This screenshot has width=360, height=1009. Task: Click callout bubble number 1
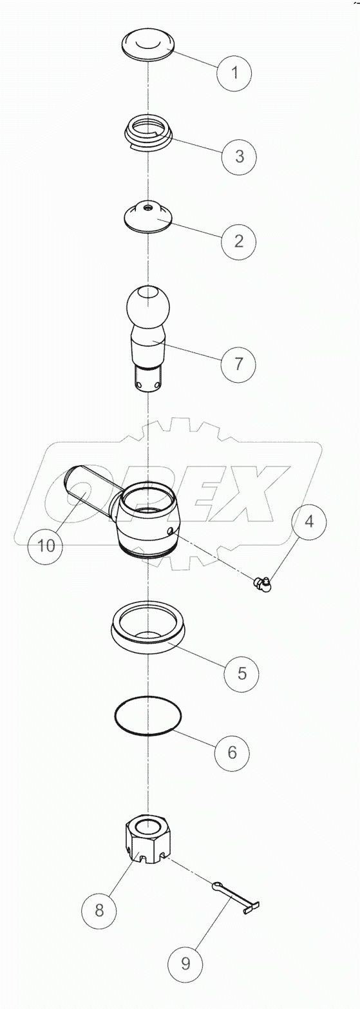[x=234, y=72]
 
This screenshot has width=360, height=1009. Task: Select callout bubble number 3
[x=239, y=156]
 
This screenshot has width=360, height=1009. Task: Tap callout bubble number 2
[x=238, y=242]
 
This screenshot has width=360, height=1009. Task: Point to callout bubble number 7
[x=238, y=363]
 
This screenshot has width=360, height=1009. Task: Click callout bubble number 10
[x=46, y=546]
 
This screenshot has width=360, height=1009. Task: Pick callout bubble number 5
[x=242, y=673]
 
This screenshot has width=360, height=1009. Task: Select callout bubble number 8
[x=99, y=910]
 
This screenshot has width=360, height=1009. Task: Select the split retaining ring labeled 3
[x=149, y=133]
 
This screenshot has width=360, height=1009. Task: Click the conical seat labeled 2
[x=149, y=216]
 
